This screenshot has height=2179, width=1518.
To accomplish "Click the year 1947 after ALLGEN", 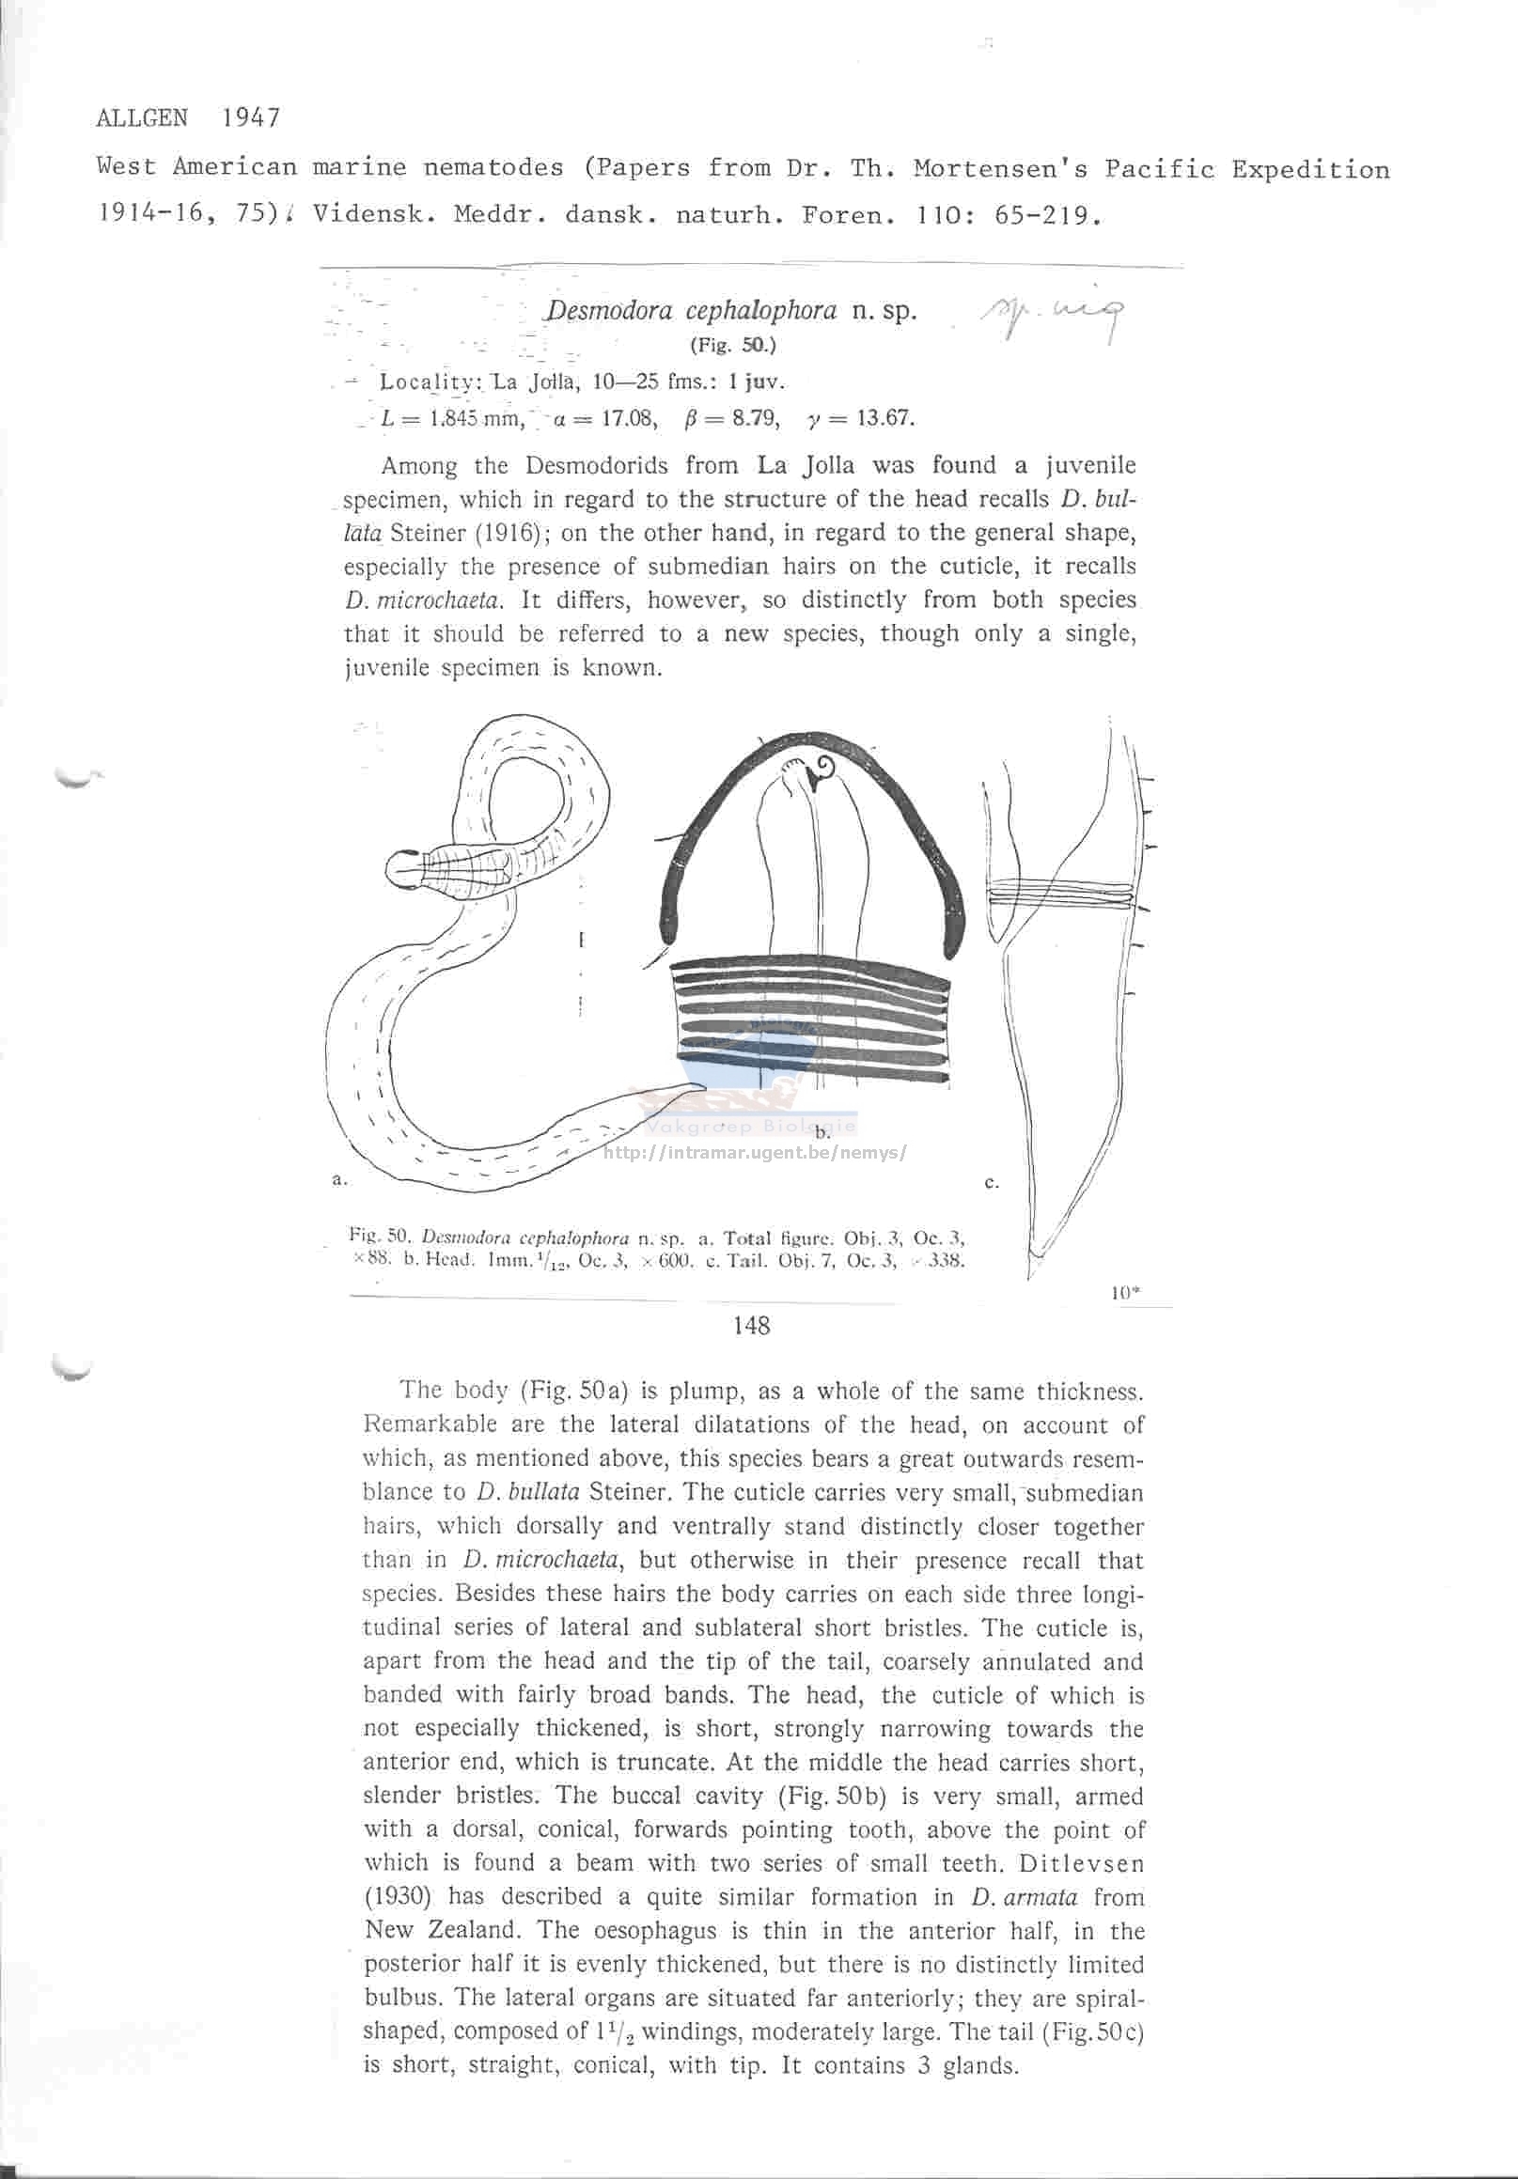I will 251,118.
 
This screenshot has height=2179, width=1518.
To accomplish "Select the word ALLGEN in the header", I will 143,118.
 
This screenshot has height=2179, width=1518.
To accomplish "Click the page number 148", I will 752,1326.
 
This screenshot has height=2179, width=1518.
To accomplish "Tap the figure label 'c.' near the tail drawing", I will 991,1182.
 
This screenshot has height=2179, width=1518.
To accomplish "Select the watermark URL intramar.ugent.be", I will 755,1153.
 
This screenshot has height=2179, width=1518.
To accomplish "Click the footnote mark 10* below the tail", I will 1125,1291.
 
